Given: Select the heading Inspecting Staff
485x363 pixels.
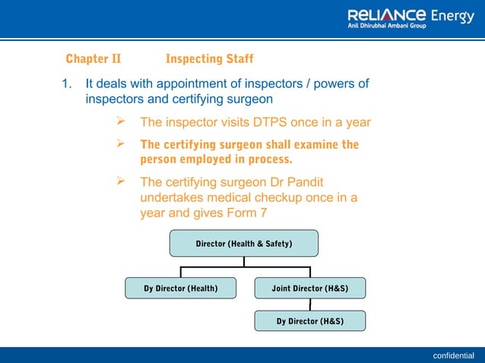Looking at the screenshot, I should tap(209, 59).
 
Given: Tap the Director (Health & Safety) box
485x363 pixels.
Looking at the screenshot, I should tap(244, 244).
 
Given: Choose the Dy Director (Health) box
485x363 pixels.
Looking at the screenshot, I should tap(181, 289).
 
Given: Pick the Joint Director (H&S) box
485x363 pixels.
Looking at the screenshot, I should tap(309, 289).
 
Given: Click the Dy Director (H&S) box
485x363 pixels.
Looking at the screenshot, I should tap(309, 321).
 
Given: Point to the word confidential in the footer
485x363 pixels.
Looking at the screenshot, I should tap(453, 355).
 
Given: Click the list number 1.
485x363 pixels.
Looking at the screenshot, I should tap(65, 84).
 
